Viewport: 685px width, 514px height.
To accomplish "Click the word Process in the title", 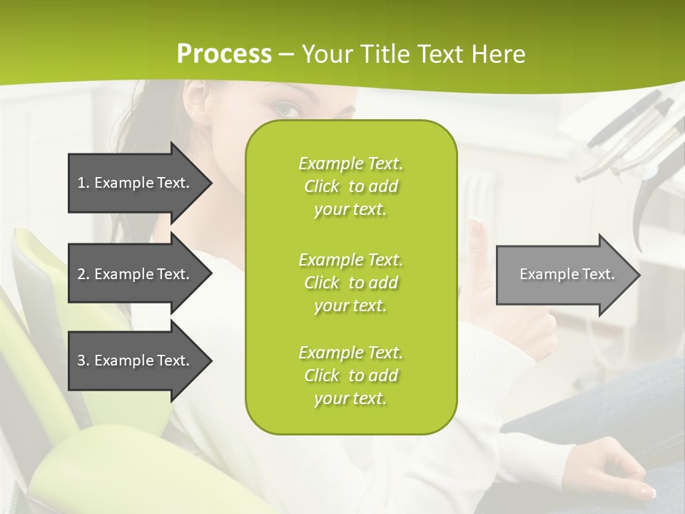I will [x=224, y=54].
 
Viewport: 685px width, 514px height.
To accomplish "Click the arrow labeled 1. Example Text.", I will [x=136, y=183].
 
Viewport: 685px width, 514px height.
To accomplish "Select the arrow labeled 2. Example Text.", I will [x=136, y=274].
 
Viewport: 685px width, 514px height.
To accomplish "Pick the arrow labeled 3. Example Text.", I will [x=136, y=361].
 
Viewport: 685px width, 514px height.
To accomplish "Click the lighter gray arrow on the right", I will [x=564, y=275].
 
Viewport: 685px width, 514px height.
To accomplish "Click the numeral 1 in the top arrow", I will [x=81, y=183].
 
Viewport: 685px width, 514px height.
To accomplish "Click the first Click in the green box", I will [x=322, y=186].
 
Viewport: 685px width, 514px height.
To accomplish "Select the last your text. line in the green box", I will [x=350, y=398].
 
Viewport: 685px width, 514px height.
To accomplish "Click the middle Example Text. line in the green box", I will [x=350, y=259].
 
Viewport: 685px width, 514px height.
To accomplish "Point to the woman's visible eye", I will [x=288, y=109].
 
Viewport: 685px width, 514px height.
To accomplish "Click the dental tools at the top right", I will [x=628, y=136].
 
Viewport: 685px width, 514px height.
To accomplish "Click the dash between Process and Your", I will [x=286, y=54].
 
